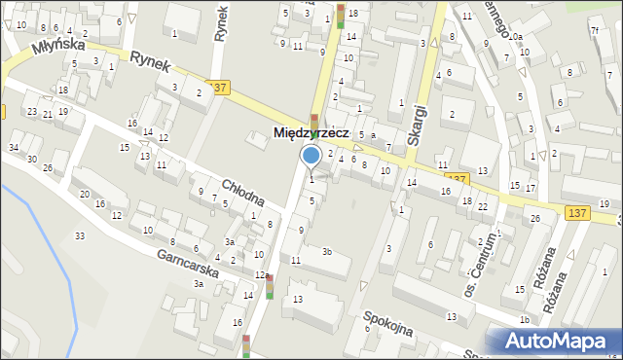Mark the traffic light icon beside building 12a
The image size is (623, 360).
click(x=270, y=287)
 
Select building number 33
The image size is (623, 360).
click(x=80, y=236)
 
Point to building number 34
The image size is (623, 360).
click(x=14, y=147)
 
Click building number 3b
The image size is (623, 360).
click(x=328, y=252)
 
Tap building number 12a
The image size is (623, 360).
click(x=261, y=275)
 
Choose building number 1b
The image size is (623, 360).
click(x=524, y=319)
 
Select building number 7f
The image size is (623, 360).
click(x=595, y=30)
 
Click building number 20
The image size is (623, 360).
click(x=86, y=195)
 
